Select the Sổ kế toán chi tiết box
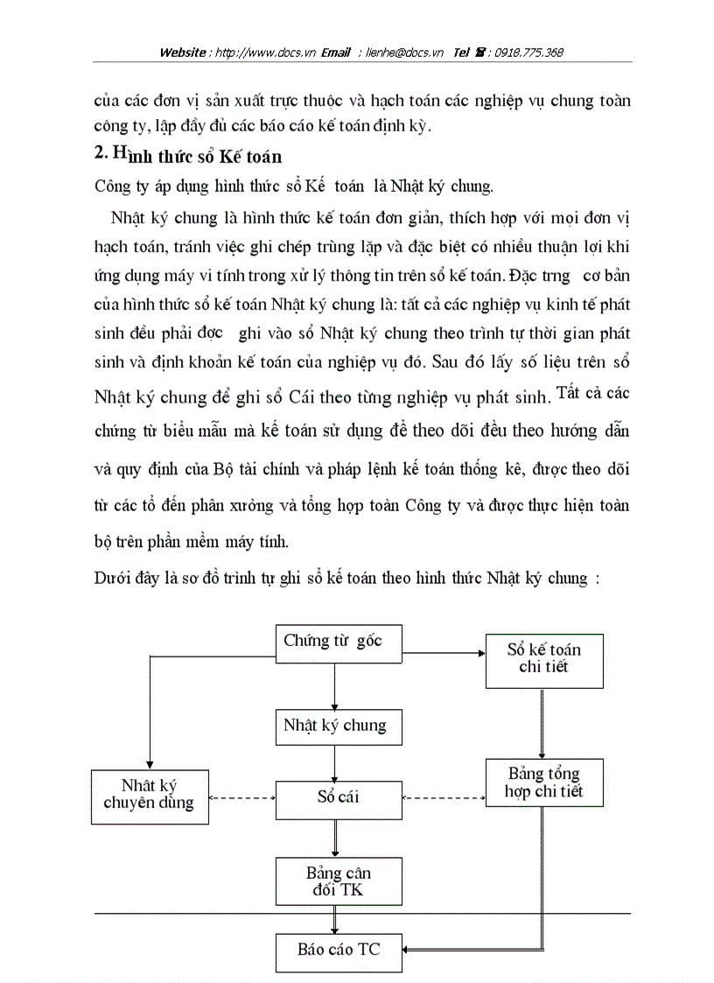coord(544,658)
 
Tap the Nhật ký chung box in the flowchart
coord(334,726)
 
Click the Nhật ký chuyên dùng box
coord(150,795)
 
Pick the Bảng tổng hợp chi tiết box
coord(544,783)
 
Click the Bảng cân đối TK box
coord(338,881)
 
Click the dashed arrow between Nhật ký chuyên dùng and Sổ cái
coord(242,797)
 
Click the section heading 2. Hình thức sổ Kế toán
coord(187,156)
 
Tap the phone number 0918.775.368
coord(528,53)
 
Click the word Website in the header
coord(183,53)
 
